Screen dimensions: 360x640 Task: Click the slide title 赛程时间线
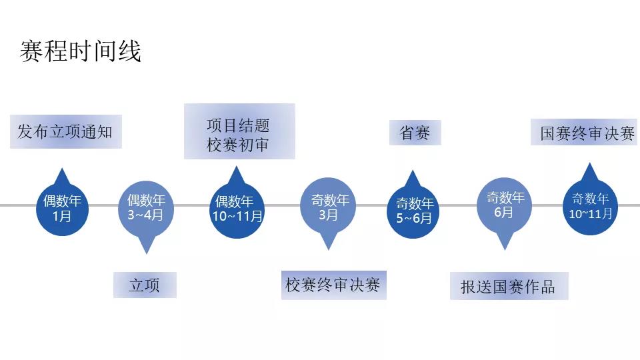click(x=81, y=51)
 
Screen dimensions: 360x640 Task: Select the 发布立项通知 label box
click(x=65, y=131)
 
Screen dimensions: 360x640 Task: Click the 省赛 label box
click(x=415, y=132)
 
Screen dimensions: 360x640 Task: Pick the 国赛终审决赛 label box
click(x=587, y=133)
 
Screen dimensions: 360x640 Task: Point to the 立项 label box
click(x=145, y=285)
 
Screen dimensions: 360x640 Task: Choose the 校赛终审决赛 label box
click(x=333, y=285)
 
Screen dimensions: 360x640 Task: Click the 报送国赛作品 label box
click(x=508, y=286)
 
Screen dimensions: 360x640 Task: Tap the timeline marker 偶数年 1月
click(x=62, y=208)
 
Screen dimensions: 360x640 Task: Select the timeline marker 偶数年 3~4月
click(x=145, y=207)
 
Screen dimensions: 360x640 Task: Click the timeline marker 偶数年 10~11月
click(x=238, y=208)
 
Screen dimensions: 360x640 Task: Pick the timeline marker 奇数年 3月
click(x=329, y=207)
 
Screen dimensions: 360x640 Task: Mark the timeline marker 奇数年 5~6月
click(x=414, y=211)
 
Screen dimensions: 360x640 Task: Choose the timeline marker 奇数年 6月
click(x=505, y=205)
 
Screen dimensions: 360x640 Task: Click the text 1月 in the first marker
click(x=62, y=216)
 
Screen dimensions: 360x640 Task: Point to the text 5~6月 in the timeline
click(x=414, y=218)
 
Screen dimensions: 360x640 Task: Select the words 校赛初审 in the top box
click(x=238, y=145)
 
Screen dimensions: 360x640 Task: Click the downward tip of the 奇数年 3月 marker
click(x=328, y=247)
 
